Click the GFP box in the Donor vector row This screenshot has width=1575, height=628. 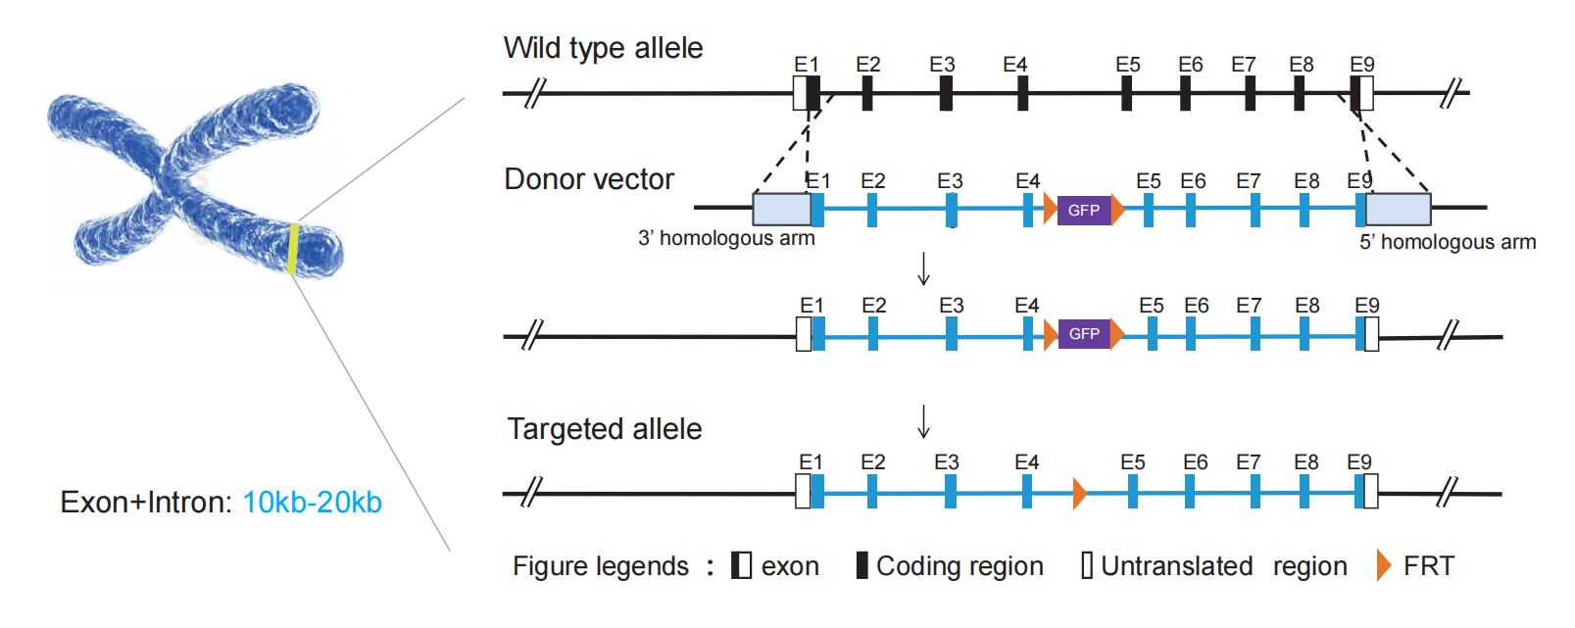(1083, 210)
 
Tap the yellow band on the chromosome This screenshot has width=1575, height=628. (293, 249)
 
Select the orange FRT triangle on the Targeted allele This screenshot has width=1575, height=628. (1079, 493)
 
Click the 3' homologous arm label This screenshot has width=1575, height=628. (726, 238)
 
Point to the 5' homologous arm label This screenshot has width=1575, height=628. (1447, 242)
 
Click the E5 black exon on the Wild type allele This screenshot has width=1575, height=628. (1126, 94)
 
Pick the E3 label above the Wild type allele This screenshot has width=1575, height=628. (942, 65)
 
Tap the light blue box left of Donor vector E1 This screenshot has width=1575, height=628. (781, 210)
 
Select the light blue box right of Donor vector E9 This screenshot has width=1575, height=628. (1398, 210)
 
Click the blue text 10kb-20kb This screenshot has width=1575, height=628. (312, 503)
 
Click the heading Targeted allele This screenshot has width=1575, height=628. (605, 429)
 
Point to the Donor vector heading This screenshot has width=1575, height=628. (589, 179)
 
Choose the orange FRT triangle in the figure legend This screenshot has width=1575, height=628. (1383, 565)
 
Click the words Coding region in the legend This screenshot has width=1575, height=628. (960, 566)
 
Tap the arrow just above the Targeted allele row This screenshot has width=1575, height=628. (923, 421)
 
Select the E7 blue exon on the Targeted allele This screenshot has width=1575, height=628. (1255, 492)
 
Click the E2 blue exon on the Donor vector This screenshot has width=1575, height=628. (872, 210)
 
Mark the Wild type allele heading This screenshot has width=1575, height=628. (603, 48)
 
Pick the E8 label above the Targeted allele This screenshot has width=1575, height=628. (1305, 462)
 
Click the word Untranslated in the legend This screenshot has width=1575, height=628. (1176, 566)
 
